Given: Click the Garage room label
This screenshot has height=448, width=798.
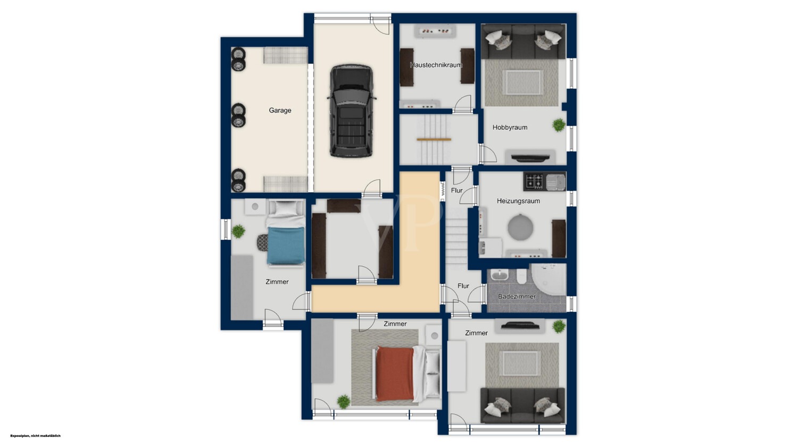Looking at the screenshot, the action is (280, 111).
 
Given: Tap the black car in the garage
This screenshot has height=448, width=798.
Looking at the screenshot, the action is (352, 111).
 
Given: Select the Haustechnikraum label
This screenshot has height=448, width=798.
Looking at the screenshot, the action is (436, 65).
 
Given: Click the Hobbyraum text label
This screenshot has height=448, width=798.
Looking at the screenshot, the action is (510, 128).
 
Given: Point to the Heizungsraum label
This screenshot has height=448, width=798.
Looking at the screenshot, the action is (518, 201).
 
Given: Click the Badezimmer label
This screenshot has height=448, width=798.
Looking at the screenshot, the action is (517, 297).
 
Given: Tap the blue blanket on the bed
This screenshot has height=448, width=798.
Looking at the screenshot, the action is (286, 246).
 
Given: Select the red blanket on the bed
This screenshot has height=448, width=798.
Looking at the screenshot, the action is (395, 374).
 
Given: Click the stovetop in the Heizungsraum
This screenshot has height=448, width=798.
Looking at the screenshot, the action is (534, 181).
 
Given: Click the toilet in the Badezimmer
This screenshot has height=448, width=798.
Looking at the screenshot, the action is (521, 276).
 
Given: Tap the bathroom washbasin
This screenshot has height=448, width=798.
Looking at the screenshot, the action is (500, 275).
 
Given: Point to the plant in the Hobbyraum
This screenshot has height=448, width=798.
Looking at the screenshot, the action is (559, 125).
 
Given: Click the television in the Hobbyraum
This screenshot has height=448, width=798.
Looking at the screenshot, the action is (530, 158).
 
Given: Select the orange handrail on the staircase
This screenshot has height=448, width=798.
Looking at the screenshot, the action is (434, 139).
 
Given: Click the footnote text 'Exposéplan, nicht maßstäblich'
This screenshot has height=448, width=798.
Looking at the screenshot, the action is (35, 436).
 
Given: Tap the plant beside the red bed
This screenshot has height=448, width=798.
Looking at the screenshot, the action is (344, 402).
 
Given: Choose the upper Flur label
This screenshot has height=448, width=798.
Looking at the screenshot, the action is (456, 191).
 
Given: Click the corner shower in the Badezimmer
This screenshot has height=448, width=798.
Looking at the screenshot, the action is (548, 280).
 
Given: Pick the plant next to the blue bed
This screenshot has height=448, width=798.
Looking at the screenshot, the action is (238, 231).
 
